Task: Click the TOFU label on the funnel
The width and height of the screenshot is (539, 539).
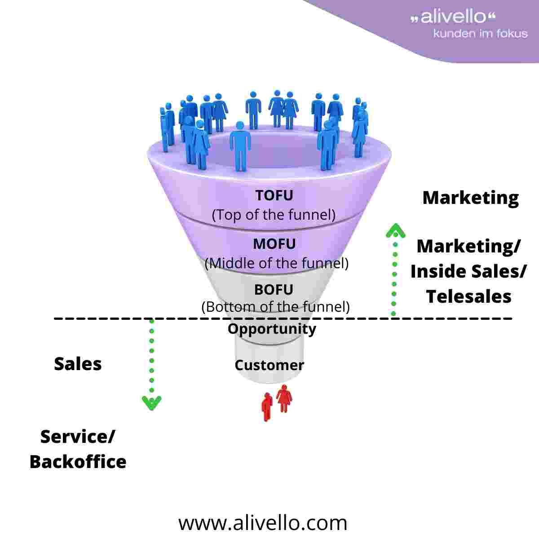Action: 274,195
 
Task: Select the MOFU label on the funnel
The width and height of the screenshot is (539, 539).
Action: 274,244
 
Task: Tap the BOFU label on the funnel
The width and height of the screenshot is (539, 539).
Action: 274,290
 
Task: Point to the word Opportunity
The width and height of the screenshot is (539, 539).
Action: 272,328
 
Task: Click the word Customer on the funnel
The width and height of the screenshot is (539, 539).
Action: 269,365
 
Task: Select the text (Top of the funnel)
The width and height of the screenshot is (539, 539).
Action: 274,214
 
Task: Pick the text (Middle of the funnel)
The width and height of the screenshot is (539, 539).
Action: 276,263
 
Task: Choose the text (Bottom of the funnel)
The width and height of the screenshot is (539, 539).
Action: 275,307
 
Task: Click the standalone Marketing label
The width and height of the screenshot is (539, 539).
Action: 470,198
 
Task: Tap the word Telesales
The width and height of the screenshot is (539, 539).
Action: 468,296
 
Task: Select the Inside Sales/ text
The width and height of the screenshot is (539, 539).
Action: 468,271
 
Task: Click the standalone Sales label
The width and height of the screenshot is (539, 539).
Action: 78,364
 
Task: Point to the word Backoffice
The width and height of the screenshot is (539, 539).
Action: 78,462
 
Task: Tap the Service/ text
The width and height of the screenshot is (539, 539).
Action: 78,437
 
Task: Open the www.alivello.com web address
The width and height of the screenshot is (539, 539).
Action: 263,523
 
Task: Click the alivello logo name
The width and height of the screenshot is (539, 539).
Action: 454,18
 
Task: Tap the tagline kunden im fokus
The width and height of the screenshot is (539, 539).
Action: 480,33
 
